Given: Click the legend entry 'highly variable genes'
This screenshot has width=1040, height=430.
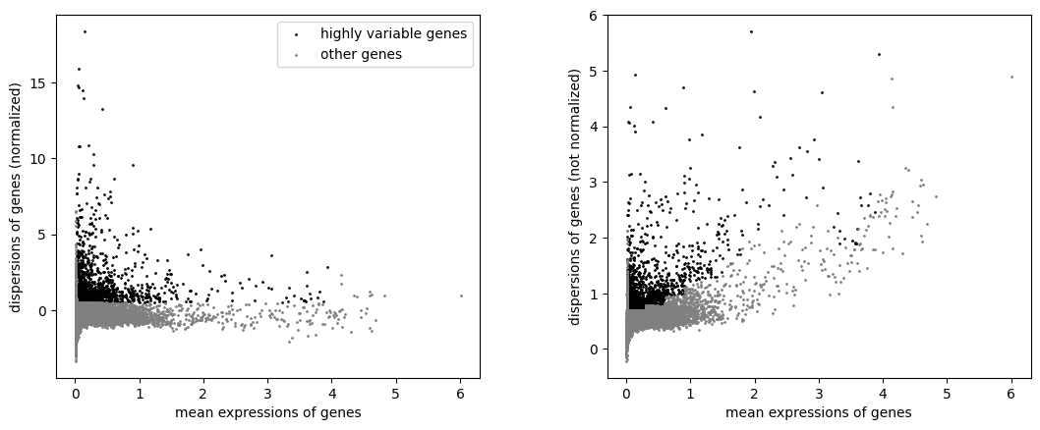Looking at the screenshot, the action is click(393, 33).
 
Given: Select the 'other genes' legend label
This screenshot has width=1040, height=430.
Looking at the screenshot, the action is click(361, 54).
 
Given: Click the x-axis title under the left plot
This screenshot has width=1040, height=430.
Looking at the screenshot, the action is click(268, 412).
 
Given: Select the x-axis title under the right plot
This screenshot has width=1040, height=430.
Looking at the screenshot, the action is click(819, 412).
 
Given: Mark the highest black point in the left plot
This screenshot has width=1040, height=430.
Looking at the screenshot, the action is click(85, 31).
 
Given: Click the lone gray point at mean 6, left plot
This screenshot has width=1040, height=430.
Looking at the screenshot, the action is click(461, 296).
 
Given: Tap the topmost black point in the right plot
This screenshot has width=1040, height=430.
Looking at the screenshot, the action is click(751, 31).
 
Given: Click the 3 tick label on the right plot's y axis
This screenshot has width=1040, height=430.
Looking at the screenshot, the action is click(595, 183).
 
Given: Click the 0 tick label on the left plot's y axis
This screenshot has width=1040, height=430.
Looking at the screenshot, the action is click(43, 311).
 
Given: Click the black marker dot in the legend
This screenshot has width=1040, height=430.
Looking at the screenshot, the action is click(297, 34).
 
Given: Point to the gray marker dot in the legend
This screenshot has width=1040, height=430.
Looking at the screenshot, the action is click(297, 55).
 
